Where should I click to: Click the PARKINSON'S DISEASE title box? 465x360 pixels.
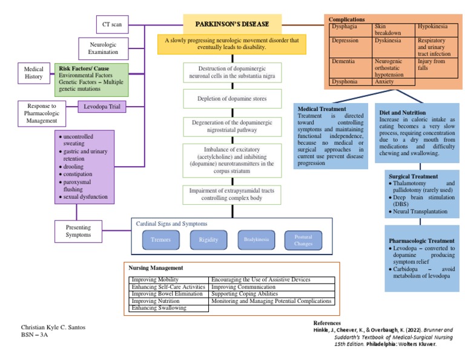click(x=232, y=25)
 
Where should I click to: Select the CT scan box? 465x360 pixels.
click(x=111, y=25)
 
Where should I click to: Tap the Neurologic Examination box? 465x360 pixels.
click(x=104, y=48)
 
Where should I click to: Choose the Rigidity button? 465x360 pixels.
click(x=208, y=240)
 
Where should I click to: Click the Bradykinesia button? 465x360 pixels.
click(x=256, y=240)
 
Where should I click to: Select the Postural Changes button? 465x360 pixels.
click(x=303, y=240)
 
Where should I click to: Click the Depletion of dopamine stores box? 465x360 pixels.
click(x=233, y=98)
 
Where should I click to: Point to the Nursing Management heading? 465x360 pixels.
click(x=156, y=267)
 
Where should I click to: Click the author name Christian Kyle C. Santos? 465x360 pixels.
click(x=53, y=327)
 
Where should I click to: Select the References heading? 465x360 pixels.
click(x=327, y=323)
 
